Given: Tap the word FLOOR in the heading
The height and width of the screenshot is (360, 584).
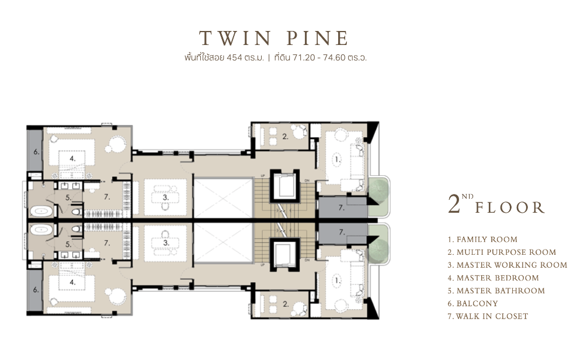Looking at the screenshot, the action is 510,207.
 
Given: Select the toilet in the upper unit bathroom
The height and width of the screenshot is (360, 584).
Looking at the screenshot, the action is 77,212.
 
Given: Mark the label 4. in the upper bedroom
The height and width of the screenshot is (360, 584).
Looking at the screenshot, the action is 72,158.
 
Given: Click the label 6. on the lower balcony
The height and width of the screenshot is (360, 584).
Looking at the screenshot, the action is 36,289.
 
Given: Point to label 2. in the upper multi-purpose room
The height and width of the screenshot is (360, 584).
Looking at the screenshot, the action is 285,137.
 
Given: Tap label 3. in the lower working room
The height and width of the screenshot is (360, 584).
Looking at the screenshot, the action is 166,243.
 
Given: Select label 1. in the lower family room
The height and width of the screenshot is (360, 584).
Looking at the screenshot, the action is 338,281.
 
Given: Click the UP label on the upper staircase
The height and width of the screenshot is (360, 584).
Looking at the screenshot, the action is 263,175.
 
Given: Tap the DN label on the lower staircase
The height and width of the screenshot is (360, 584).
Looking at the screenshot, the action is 307,260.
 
